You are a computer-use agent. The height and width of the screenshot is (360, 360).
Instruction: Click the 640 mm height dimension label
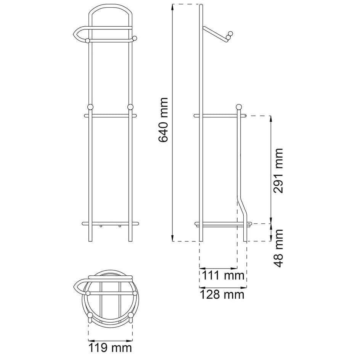[164, 120]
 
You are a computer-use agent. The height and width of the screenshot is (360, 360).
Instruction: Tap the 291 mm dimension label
[278, 170]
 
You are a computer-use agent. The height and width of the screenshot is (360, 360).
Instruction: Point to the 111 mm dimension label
[223, 275]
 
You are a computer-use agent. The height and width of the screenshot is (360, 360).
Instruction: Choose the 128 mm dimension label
[222, 294]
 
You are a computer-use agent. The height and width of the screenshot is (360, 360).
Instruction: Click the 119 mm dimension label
[110, 348]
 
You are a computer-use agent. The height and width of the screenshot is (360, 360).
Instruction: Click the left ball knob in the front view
[90, 107]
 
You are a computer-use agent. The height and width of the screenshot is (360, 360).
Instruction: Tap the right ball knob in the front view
[130, 107]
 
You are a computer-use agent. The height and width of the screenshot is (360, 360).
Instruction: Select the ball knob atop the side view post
[239, 107]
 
